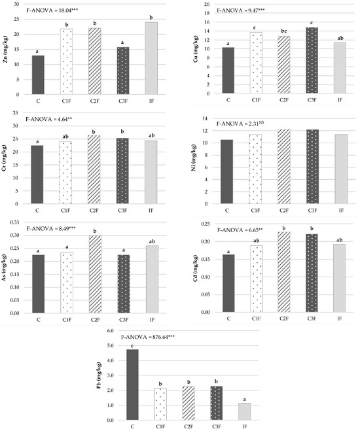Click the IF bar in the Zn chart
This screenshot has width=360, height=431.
click(x=151, y=58)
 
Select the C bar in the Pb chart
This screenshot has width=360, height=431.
click(x=132, y=385)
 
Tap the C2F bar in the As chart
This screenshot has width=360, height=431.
click(x=95, y=274)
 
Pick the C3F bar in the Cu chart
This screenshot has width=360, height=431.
click(x=312, y=60)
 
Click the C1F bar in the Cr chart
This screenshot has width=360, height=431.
click(x=65, y=173)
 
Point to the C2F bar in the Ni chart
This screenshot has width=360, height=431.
click(x=284, y=166)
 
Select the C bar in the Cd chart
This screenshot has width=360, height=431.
click(x=228, y=283)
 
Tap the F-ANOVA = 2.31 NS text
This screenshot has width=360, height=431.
click(x=240, y=124)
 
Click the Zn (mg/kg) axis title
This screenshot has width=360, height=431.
click(x=5, y=50)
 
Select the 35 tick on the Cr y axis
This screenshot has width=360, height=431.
click(x=16, y=113)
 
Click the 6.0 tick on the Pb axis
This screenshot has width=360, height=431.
click(x=110, y=331)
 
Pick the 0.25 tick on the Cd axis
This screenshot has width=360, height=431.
click(x=206, y=224)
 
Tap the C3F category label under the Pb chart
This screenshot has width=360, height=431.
click(x=217, y=426)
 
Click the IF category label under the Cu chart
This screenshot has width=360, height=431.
click(x=340, y=100)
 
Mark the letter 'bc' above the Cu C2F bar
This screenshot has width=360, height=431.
click(x=284, y=31)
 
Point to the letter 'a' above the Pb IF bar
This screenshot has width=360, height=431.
click(x=244, y=400)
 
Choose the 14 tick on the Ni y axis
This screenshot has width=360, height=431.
click(x=206, y=119)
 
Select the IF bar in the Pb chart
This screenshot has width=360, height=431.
click(x=245, y=411)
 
